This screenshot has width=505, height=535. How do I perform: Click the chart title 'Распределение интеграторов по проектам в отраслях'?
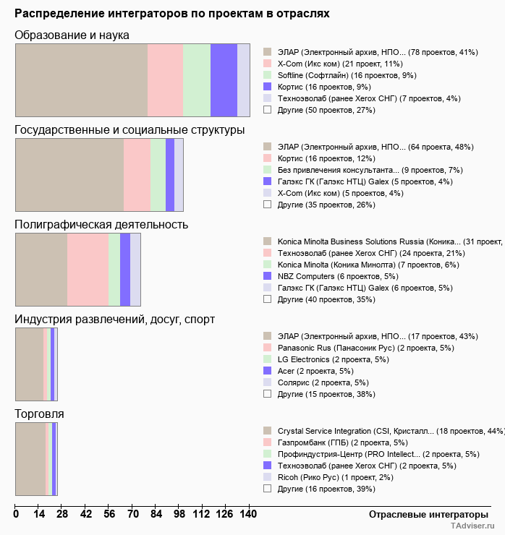point(172,13)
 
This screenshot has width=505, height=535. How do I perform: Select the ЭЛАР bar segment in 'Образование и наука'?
point(81,80)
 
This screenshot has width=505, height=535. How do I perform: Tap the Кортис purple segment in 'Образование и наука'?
point(224,80)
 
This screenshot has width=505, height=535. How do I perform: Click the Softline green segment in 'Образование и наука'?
point(197,80)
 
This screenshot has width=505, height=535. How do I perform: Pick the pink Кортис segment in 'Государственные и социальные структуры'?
point(137,174)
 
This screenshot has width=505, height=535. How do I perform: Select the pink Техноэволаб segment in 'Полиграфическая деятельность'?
point(88,270)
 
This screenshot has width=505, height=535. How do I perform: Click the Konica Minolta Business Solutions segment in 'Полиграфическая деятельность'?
point(41,270)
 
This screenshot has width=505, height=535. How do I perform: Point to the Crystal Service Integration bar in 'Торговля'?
point(30,459)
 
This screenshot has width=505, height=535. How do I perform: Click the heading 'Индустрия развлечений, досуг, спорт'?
point(115,319)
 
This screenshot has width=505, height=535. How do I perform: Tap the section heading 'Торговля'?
point(40,414)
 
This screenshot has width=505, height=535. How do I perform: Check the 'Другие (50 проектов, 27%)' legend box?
point(267,110)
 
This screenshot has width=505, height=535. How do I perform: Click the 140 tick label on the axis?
point(249,514)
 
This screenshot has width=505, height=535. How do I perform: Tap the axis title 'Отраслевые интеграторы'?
point(424,514)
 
